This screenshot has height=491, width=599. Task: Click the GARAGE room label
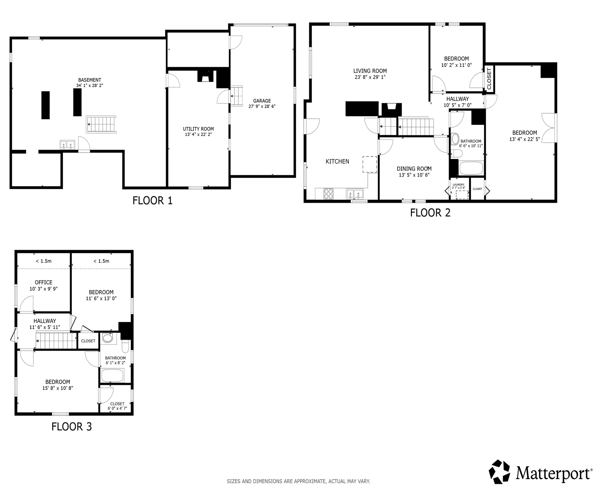point(262,101)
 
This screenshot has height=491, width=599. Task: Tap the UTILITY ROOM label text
point(198,129)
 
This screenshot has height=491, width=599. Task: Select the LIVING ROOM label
point(370,71)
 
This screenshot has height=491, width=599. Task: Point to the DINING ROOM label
point(414,169)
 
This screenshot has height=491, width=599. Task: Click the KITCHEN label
point(337,161)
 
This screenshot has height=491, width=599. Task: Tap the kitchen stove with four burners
point(329,194)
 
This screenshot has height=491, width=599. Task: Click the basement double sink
point(68,145)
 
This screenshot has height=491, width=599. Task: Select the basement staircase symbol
point(101,124)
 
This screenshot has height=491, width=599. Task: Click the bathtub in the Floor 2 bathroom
point(471,168)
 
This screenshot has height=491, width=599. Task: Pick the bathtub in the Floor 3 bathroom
point(112,375)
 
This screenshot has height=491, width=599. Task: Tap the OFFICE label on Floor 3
point(44,282)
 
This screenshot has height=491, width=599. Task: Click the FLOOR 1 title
point(152,200)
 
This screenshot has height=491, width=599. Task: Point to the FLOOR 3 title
point(72,426)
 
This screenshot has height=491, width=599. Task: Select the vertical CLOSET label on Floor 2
point(489,79)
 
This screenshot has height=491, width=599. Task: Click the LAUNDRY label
point(458,184)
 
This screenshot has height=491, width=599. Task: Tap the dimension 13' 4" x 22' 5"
point(524,139)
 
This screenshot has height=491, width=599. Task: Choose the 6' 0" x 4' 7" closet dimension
point(117,408)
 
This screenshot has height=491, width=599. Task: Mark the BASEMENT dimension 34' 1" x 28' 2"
point(90,85)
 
